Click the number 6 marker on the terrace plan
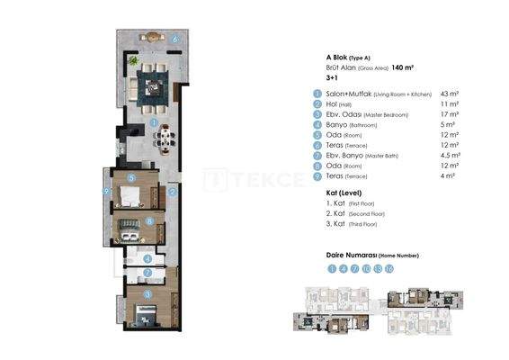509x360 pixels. (x=176, y=39)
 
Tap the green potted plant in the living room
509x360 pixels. (x=133, y=60)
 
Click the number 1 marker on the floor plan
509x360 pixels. (x=155, y=122)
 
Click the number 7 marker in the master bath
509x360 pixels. (x=147, y=270)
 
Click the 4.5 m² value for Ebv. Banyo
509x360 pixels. (x=451, y=156)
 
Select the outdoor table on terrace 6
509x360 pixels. (x=152, y=38)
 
